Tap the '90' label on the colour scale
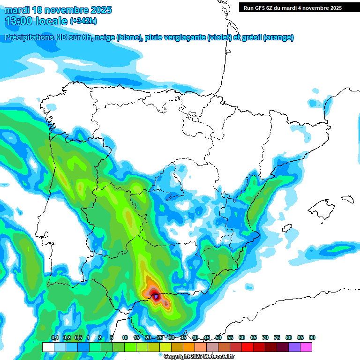(312, 338)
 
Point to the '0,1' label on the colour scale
(54, 338)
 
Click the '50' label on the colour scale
(218, 338)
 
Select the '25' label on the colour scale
(160, 338)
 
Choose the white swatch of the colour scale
(48, 347)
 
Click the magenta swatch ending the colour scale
(306, 347)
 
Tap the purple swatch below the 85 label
(294, 347)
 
